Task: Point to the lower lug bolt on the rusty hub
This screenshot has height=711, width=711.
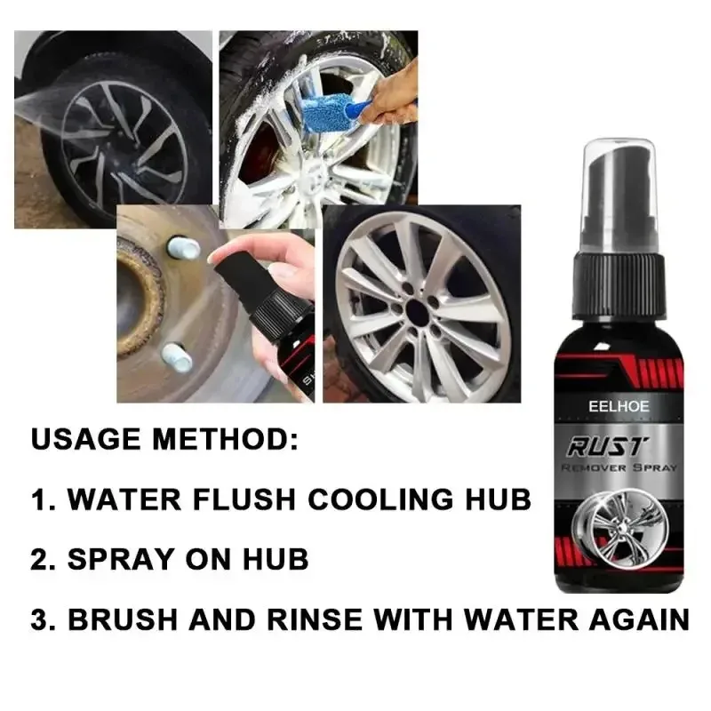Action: (178, 358)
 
